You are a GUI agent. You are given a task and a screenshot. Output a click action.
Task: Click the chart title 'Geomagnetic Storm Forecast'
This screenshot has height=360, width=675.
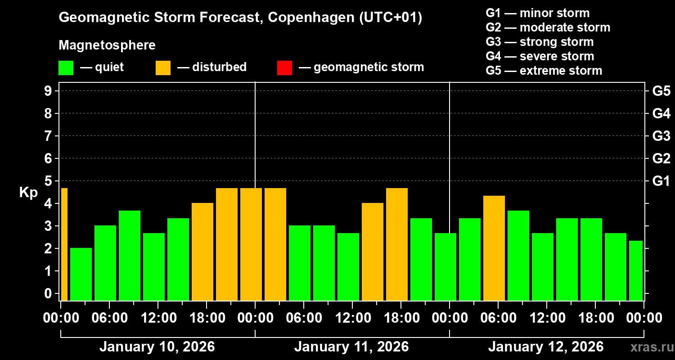(x=157, y=18)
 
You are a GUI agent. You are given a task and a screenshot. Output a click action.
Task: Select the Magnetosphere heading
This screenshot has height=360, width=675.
(x=107, y=45)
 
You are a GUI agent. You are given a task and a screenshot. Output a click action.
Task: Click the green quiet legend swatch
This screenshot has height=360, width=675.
(x=66, y=68)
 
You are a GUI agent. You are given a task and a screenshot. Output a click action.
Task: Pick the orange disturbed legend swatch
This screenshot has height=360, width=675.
(x=163, y=68)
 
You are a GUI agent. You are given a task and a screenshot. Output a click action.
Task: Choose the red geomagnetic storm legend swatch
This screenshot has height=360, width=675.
(x=284, y=68)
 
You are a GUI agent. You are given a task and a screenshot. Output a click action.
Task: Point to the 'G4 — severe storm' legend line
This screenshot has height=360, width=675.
(x=540, y=56)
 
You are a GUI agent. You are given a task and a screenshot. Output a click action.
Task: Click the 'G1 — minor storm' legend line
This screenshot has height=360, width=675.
(x=537, y=13)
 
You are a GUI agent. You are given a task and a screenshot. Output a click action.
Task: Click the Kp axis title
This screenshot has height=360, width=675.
(x=28, y=193)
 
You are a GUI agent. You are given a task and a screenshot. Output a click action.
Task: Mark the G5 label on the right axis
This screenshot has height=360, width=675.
(x=661, y=91)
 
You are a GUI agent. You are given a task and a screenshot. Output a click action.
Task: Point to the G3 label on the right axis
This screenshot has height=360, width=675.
(x=661, y=136)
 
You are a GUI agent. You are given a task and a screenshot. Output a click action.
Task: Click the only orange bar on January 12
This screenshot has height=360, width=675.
(x=494, y=247)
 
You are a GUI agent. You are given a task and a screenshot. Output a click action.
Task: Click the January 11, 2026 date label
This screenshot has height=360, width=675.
(x=351, y=347)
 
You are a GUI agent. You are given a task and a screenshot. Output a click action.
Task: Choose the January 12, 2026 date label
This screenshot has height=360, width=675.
(x=545, y=347)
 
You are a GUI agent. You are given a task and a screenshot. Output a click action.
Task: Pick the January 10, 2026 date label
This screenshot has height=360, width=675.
(x=157, y=347)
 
